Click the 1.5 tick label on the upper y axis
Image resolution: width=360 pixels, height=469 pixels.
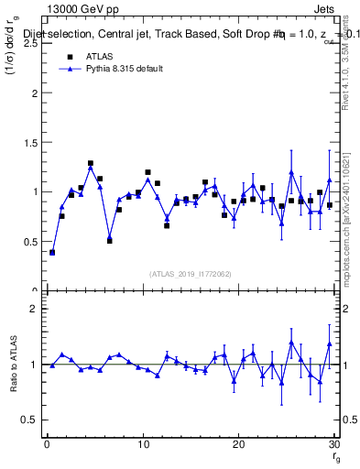coord(29,142)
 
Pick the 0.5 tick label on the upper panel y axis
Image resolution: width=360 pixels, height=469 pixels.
coord(29,241)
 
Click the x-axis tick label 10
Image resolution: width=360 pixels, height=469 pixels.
coord(142,444)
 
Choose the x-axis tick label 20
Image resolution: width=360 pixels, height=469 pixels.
coord(238,444)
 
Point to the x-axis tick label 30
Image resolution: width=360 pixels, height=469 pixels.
coord(333,444)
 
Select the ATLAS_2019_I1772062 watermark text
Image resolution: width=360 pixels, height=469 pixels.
coord(190,274)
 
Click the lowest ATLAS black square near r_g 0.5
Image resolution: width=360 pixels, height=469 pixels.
coord(52,252)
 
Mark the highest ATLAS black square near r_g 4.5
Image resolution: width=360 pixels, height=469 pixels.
coord(91,164)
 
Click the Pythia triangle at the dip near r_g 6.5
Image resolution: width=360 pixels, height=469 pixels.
coord(110,236)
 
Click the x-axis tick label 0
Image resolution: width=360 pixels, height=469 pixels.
coord(47,444)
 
